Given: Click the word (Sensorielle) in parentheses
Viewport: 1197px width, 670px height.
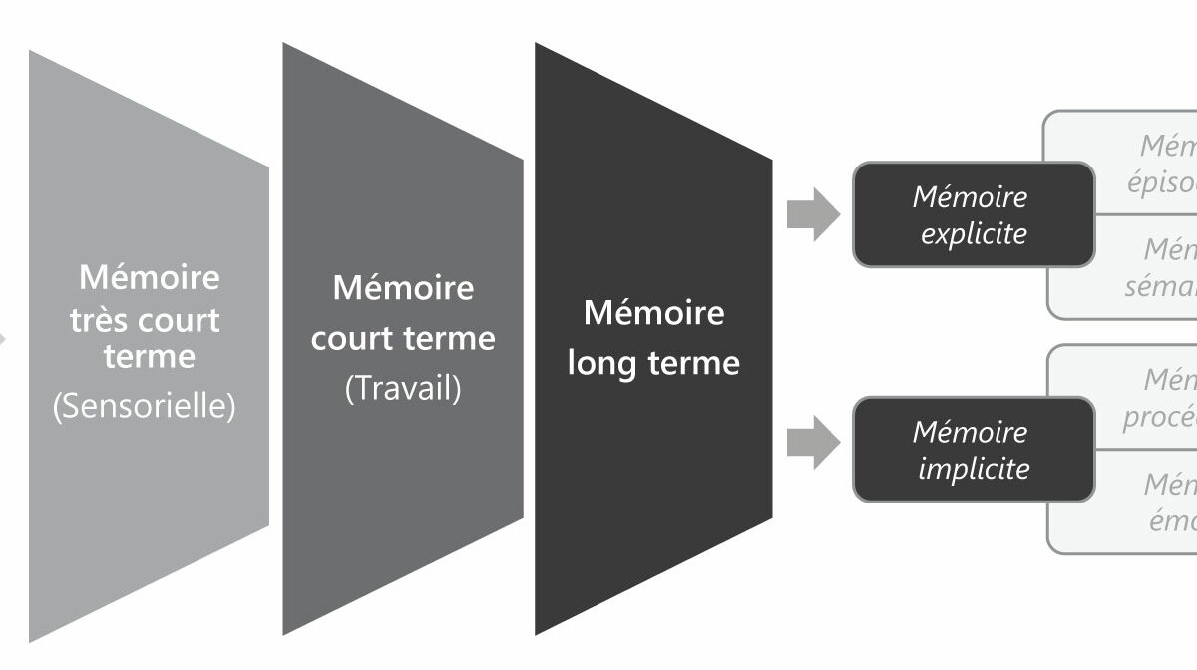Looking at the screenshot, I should pos(144,407).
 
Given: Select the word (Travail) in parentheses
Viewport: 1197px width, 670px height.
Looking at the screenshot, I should pos(403,388).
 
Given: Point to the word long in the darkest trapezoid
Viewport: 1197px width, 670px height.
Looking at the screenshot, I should pos(601,363).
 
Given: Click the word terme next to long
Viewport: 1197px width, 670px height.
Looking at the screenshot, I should pos(694,363).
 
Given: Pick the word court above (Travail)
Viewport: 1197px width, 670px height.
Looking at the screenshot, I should pos(354,338).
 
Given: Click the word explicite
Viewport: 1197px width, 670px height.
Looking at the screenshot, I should pos(973,234).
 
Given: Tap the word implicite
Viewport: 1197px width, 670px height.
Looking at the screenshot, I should pos(973,468).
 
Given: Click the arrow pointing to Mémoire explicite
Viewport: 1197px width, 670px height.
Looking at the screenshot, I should pos(813,214).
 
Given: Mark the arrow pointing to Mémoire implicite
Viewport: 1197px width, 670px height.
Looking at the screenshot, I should pos(813,444).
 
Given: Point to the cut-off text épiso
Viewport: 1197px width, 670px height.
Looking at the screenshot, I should pos(1162,183).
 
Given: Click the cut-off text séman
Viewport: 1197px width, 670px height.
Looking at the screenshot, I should pos(1162,287).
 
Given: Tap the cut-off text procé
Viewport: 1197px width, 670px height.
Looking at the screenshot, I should pos(1161,417).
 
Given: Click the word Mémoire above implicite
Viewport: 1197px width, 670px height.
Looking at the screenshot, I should pos(970,433).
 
